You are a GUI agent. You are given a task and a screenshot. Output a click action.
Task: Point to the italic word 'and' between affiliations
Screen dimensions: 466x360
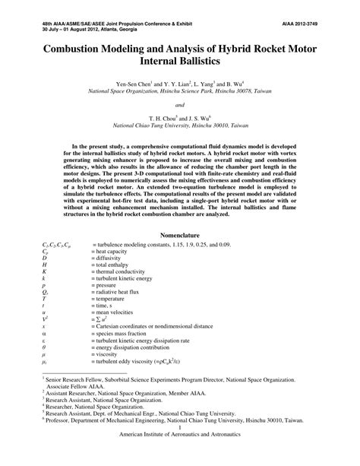(x=180, y=104)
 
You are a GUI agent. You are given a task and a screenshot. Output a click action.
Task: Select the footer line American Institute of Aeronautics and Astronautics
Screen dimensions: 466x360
(x=180, y=455)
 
